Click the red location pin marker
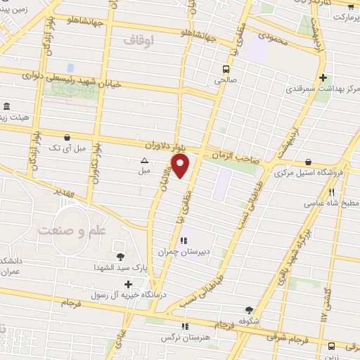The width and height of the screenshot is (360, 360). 181,166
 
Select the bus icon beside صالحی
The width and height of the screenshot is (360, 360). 226,69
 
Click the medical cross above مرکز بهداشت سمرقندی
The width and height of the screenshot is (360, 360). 322,77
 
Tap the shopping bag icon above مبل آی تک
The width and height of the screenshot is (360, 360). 66,137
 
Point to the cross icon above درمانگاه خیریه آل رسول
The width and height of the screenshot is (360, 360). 127,284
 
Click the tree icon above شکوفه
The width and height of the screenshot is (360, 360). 249,309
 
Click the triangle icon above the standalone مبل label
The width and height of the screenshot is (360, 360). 144,160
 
